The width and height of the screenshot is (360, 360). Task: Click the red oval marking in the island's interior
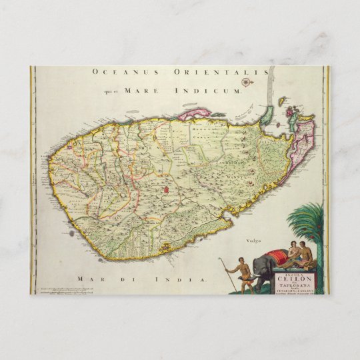pyautogui.click(x=165, y=192)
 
